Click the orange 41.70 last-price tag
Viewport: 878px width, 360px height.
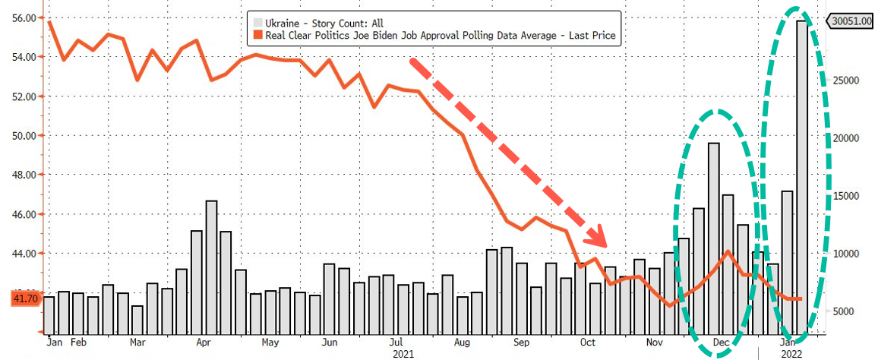point(24,299)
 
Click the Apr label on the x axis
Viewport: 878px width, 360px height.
point(204,343)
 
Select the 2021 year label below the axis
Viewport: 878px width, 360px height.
point(404,354)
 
